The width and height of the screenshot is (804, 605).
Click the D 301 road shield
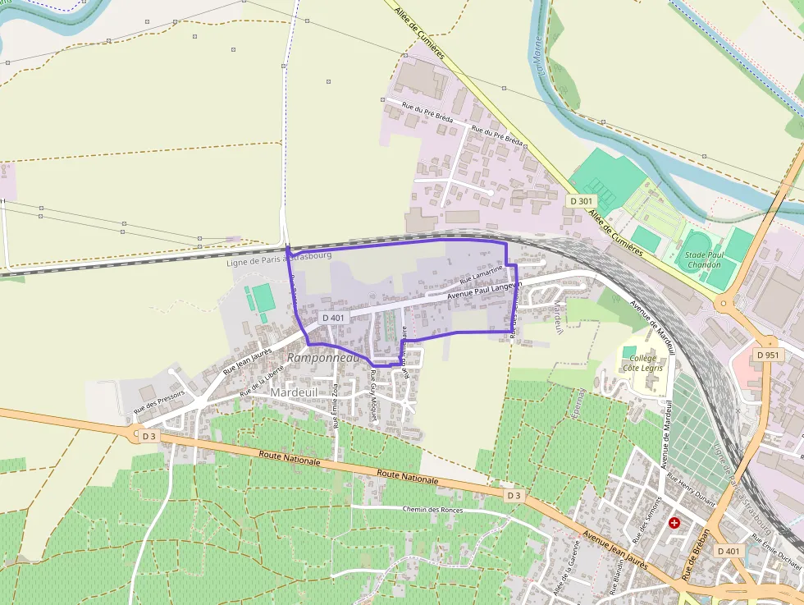coord(581,201)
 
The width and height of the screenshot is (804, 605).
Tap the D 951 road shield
coord(769,355)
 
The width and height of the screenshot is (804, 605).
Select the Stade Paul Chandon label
coord(703,259)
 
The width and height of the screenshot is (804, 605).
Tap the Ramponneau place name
coord(323,358)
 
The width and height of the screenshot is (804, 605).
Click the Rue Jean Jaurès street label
coord(248,362)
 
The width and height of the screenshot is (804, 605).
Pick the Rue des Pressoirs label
coord(159,401)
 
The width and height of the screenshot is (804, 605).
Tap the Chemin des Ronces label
coord(432,510)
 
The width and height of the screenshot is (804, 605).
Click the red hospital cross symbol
coord(674,522)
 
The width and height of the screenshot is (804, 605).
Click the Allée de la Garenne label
coord(562,582)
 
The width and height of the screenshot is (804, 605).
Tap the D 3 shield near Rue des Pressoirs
coord(148,437)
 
